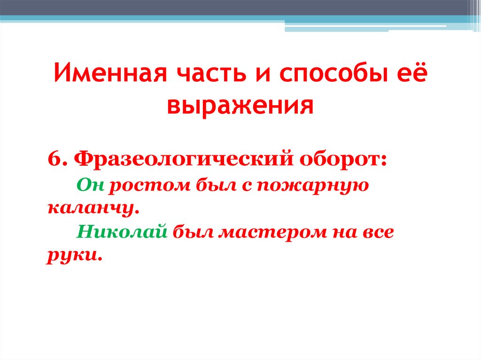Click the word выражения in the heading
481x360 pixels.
pos(240,107)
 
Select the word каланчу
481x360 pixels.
pos(93,208)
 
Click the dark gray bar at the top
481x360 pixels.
pos(235,8)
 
